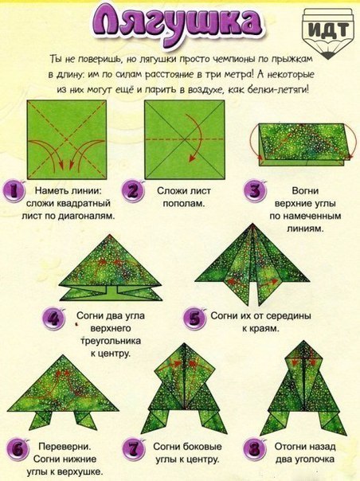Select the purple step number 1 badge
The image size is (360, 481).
coord(14,191)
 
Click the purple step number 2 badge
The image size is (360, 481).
coord(132,190)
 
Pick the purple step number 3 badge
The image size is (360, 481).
coord(255,191)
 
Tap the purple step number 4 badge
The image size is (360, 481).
coord(54,319)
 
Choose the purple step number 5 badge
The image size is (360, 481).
coord(194,319)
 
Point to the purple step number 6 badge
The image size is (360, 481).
coord(18,450)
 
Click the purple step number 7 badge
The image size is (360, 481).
coord(133,449)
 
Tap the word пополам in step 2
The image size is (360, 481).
coord(182,203)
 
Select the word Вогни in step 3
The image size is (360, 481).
coord(305,191)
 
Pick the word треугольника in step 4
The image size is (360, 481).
coord(111,341)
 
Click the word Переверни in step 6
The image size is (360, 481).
coord(65,446)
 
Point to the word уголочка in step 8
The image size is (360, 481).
coord(314,459)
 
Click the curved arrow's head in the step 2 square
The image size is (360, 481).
coord(191,158)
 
